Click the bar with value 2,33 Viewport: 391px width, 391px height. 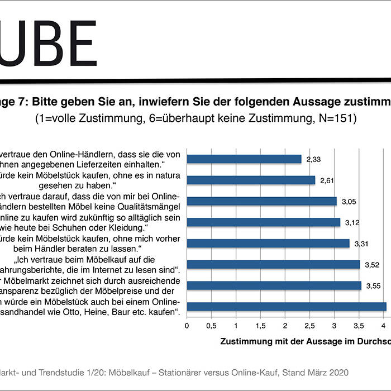pos(244,159)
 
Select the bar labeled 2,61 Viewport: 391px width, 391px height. pos(251,180)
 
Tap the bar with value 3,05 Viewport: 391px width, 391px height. pos(261,201)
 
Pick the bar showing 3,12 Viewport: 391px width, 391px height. pos(263,222)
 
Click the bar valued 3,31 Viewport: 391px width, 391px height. pos(268,243)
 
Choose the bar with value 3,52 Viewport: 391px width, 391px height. pos(273,264)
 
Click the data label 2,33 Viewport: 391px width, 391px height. pos(314,159)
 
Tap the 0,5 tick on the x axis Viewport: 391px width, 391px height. pos(211,325)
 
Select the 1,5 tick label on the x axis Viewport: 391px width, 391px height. pos(260,325)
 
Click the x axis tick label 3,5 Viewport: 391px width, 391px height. pos(359,325)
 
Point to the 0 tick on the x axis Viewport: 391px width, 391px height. pos(187,325)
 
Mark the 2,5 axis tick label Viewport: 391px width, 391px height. pos(309,325)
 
